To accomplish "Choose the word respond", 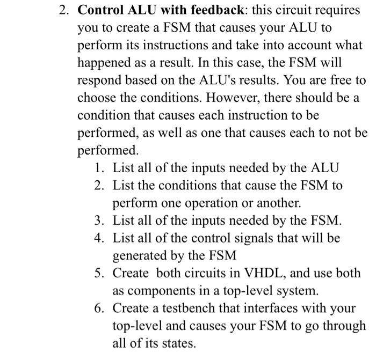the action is (x=98, y=81).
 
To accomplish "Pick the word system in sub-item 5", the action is (x=300, y=291).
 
